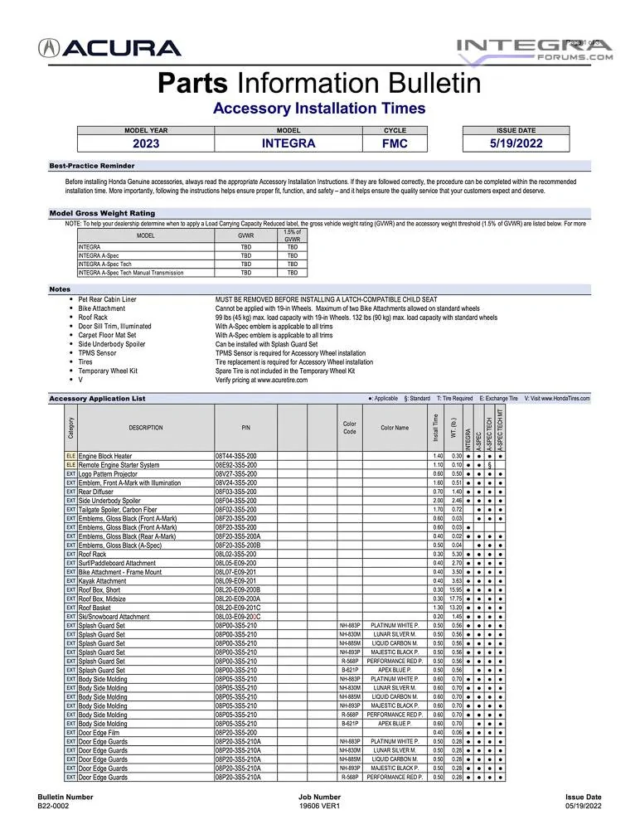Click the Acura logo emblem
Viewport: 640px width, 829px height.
(49, 49)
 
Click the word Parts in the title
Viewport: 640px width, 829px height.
(194, 83)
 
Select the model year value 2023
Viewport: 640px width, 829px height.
(146, 143)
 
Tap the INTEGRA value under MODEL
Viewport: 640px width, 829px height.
(288, 143)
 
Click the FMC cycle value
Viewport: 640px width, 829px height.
(395, 143)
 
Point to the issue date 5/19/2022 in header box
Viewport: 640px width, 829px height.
(516, 143)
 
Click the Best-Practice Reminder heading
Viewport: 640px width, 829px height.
(91, 166)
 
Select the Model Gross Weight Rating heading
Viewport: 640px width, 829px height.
(102, 213)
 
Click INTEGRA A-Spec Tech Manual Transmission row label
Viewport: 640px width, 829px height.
(131, 272)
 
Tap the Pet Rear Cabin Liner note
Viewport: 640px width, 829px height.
(108, 298)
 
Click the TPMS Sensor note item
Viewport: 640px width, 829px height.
(98, 353)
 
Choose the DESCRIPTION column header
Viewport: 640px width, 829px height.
(146, 428)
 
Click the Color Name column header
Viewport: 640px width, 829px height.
(395, 428)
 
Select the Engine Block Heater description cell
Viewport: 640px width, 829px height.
(105, 456)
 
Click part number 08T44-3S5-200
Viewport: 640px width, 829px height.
(236, 456)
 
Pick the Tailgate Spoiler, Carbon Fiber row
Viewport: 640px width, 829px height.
(117, 510)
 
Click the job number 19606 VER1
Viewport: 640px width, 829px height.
(319, 805)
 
